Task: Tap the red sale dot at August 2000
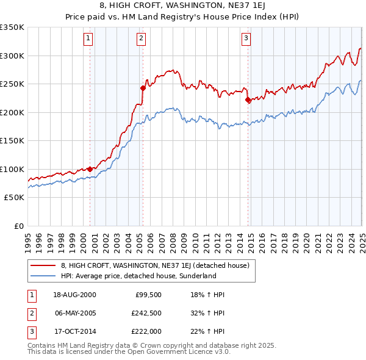pos(90,169)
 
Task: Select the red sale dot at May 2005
pos(143,88)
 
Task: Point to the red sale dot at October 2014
pos(248,99)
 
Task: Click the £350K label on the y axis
pos(12,27)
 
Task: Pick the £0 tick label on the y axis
pos(18,226)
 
